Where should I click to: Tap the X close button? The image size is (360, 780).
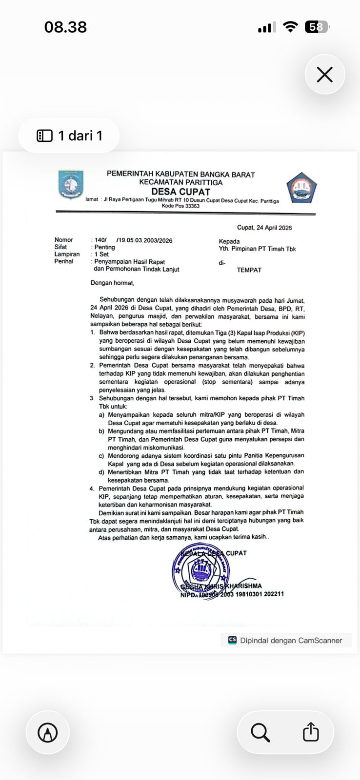(325, 75)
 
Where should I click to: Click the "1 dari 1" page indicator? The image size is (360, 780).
(69, 136)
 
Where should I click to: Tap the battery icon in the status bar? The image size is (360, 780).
(317, 27)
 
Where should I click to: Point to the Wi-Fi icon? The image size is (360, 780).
(290, 27)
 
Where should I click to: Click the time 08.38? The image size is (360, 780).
(65, 27)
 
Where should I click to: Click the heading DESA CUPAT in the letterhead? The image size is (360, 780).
(180, 192)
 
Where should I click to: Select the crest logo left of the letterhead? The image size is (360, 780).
(71, 184)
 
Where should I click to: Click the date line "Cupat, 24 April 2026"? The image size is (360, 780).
(264, 228)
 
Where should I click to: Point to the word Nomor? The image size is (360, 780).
(63, 240)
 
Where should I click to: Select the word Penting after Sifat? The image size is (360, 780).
(105, 247)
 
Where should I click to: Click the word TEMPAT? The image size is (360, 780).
(249, 270)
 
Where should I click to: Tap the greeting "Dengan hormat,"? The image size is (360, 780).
(112, 283)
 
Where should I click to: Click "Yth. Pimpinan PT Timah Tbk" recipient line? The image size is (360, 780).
(257, 249)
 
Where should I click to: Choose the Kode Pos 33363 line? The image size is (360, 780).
(180, 206)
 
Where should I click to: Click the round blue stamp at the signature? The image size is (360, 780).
(201, 570)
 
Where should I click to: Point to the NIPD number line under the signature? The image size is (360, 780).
(232, 594)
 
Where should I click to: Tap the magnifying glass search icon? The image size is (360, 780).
(260, 732)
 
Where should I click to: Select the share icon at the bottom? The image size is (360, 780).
(311, 732)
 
